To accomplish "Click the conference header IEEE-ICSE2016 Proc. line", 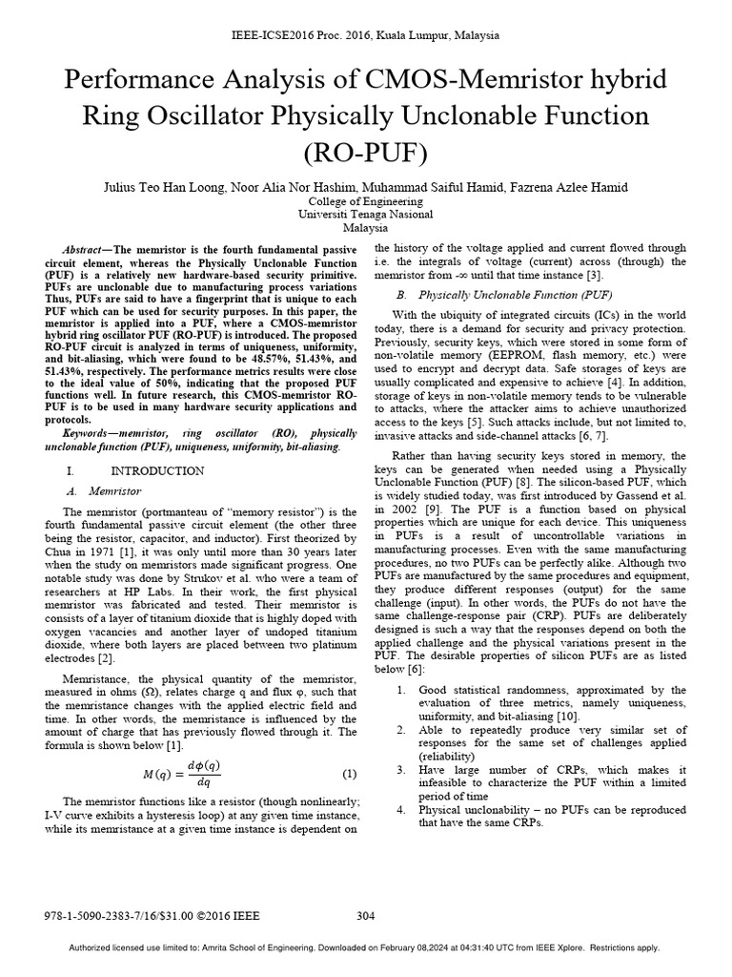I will [x=366, y=35].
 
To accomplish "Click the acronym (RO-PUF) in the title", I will [x=366, y=153].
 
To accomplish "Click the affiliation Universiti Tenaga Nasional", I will [x=366, y=215].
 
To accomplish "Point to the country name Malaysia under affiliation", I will [x=366, y=229].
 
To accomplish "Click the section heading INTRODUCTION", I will [x=157, y=471].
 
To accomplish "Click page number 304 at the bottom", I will [x=366, y=917].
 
